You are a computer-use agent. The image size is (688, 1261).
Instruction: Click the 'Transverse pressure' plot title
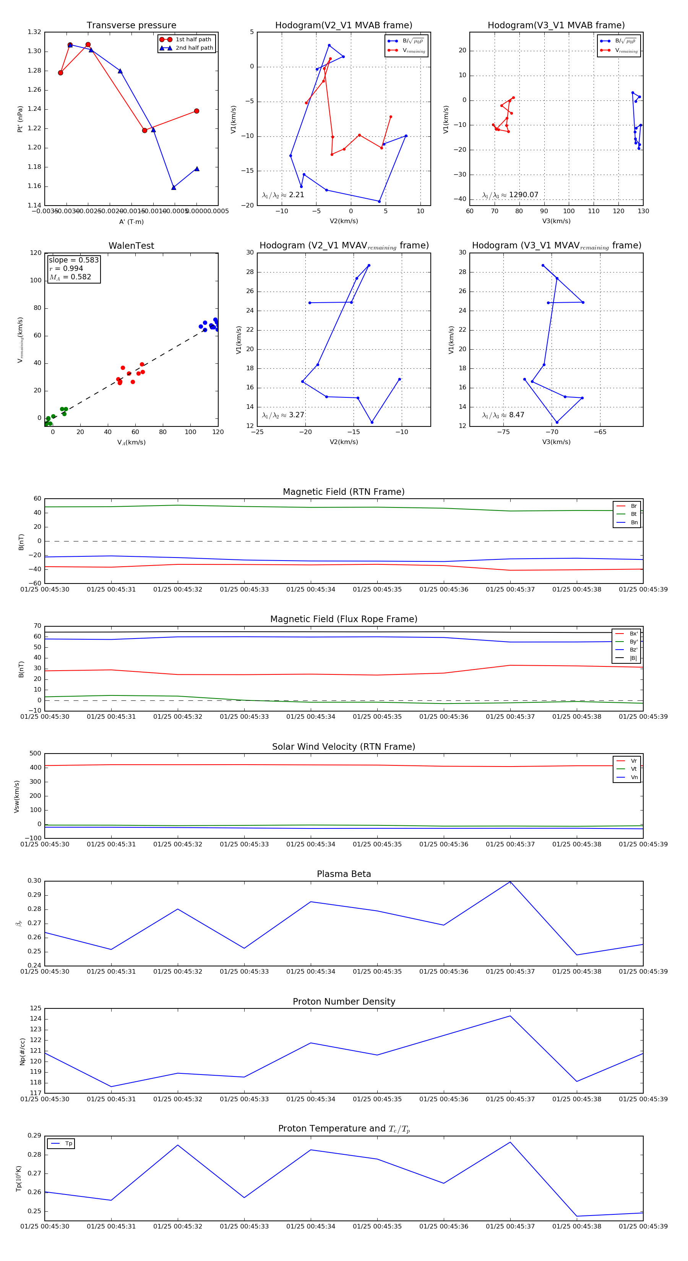tap(131, 26)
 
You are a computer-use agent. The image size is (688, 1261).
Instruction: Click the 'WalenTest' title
tap(131, 246)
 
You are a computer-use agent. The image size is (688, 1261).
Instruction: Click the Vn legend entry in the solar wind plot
tap(634, 777)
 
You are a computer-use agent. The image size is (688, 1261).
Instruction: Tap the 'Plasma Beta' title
tap(344, 874)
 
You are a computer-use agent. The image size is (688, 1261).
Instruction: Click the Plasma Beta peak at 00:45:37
tap(510, 882)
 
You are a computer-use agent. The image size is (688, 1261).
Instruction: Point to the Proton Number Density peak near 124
tap(510, 1016)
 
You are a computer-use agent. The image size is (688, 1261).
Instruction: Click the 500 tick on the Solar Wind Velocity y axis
tap(35, 754)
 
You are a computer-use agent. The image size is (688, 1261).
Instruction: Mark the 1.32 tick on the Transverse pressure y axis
tap(34, 32)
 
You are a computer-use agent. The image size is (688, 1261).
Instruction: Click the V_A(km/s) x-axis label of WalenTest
tap(131, 442)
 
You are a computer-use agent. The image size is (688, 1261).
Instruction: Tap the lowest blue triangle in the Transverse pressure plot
tap(174, 188)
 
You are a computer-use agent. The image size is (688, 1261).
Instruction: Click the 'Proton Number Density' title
tap(344, 1002)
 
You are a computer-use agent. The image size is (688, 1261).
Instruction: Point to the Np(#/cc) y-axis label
tap(22, 1052)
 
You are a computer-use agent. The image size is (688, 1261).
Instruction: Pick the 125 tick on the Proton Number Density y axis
tap(36, 1008)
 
